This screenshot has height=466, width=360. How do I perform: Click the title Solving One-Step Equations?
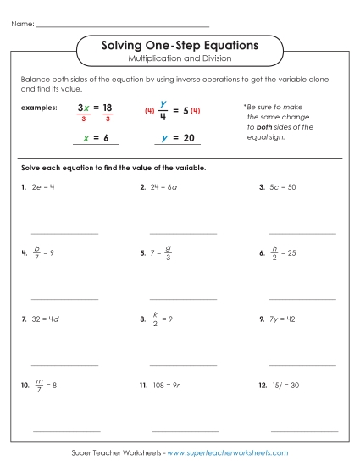coord(180,43)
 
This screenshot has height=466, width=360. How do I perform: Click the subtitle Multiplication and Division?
coord(180,58)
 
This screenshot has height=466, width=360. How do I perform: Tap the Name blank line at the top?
coord(123,25)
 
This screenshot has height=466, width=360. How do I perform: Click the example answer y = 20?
coord(176,137)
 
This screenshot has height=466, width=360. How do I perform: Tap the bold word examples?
coord(40,108)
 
